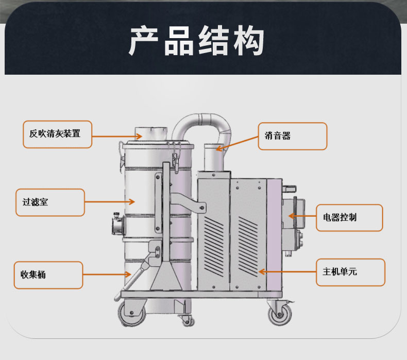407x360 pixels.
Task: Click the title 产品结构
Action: point(197,41)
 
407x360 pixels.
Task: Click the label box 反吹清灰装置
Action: point(58,134)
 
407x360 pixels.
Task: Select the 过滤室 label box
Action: point(49,202)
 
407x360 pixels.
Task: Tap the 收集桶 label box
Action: point(47,275)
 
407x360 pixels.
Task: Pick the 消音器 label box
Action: point(292,136)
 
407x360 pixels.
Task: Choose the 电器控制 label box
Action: point(349,217)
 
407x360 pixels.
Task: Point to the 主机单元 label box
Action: point(350,272)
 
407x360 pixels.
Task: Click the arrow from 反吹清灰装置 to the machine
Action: point(117,136)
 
